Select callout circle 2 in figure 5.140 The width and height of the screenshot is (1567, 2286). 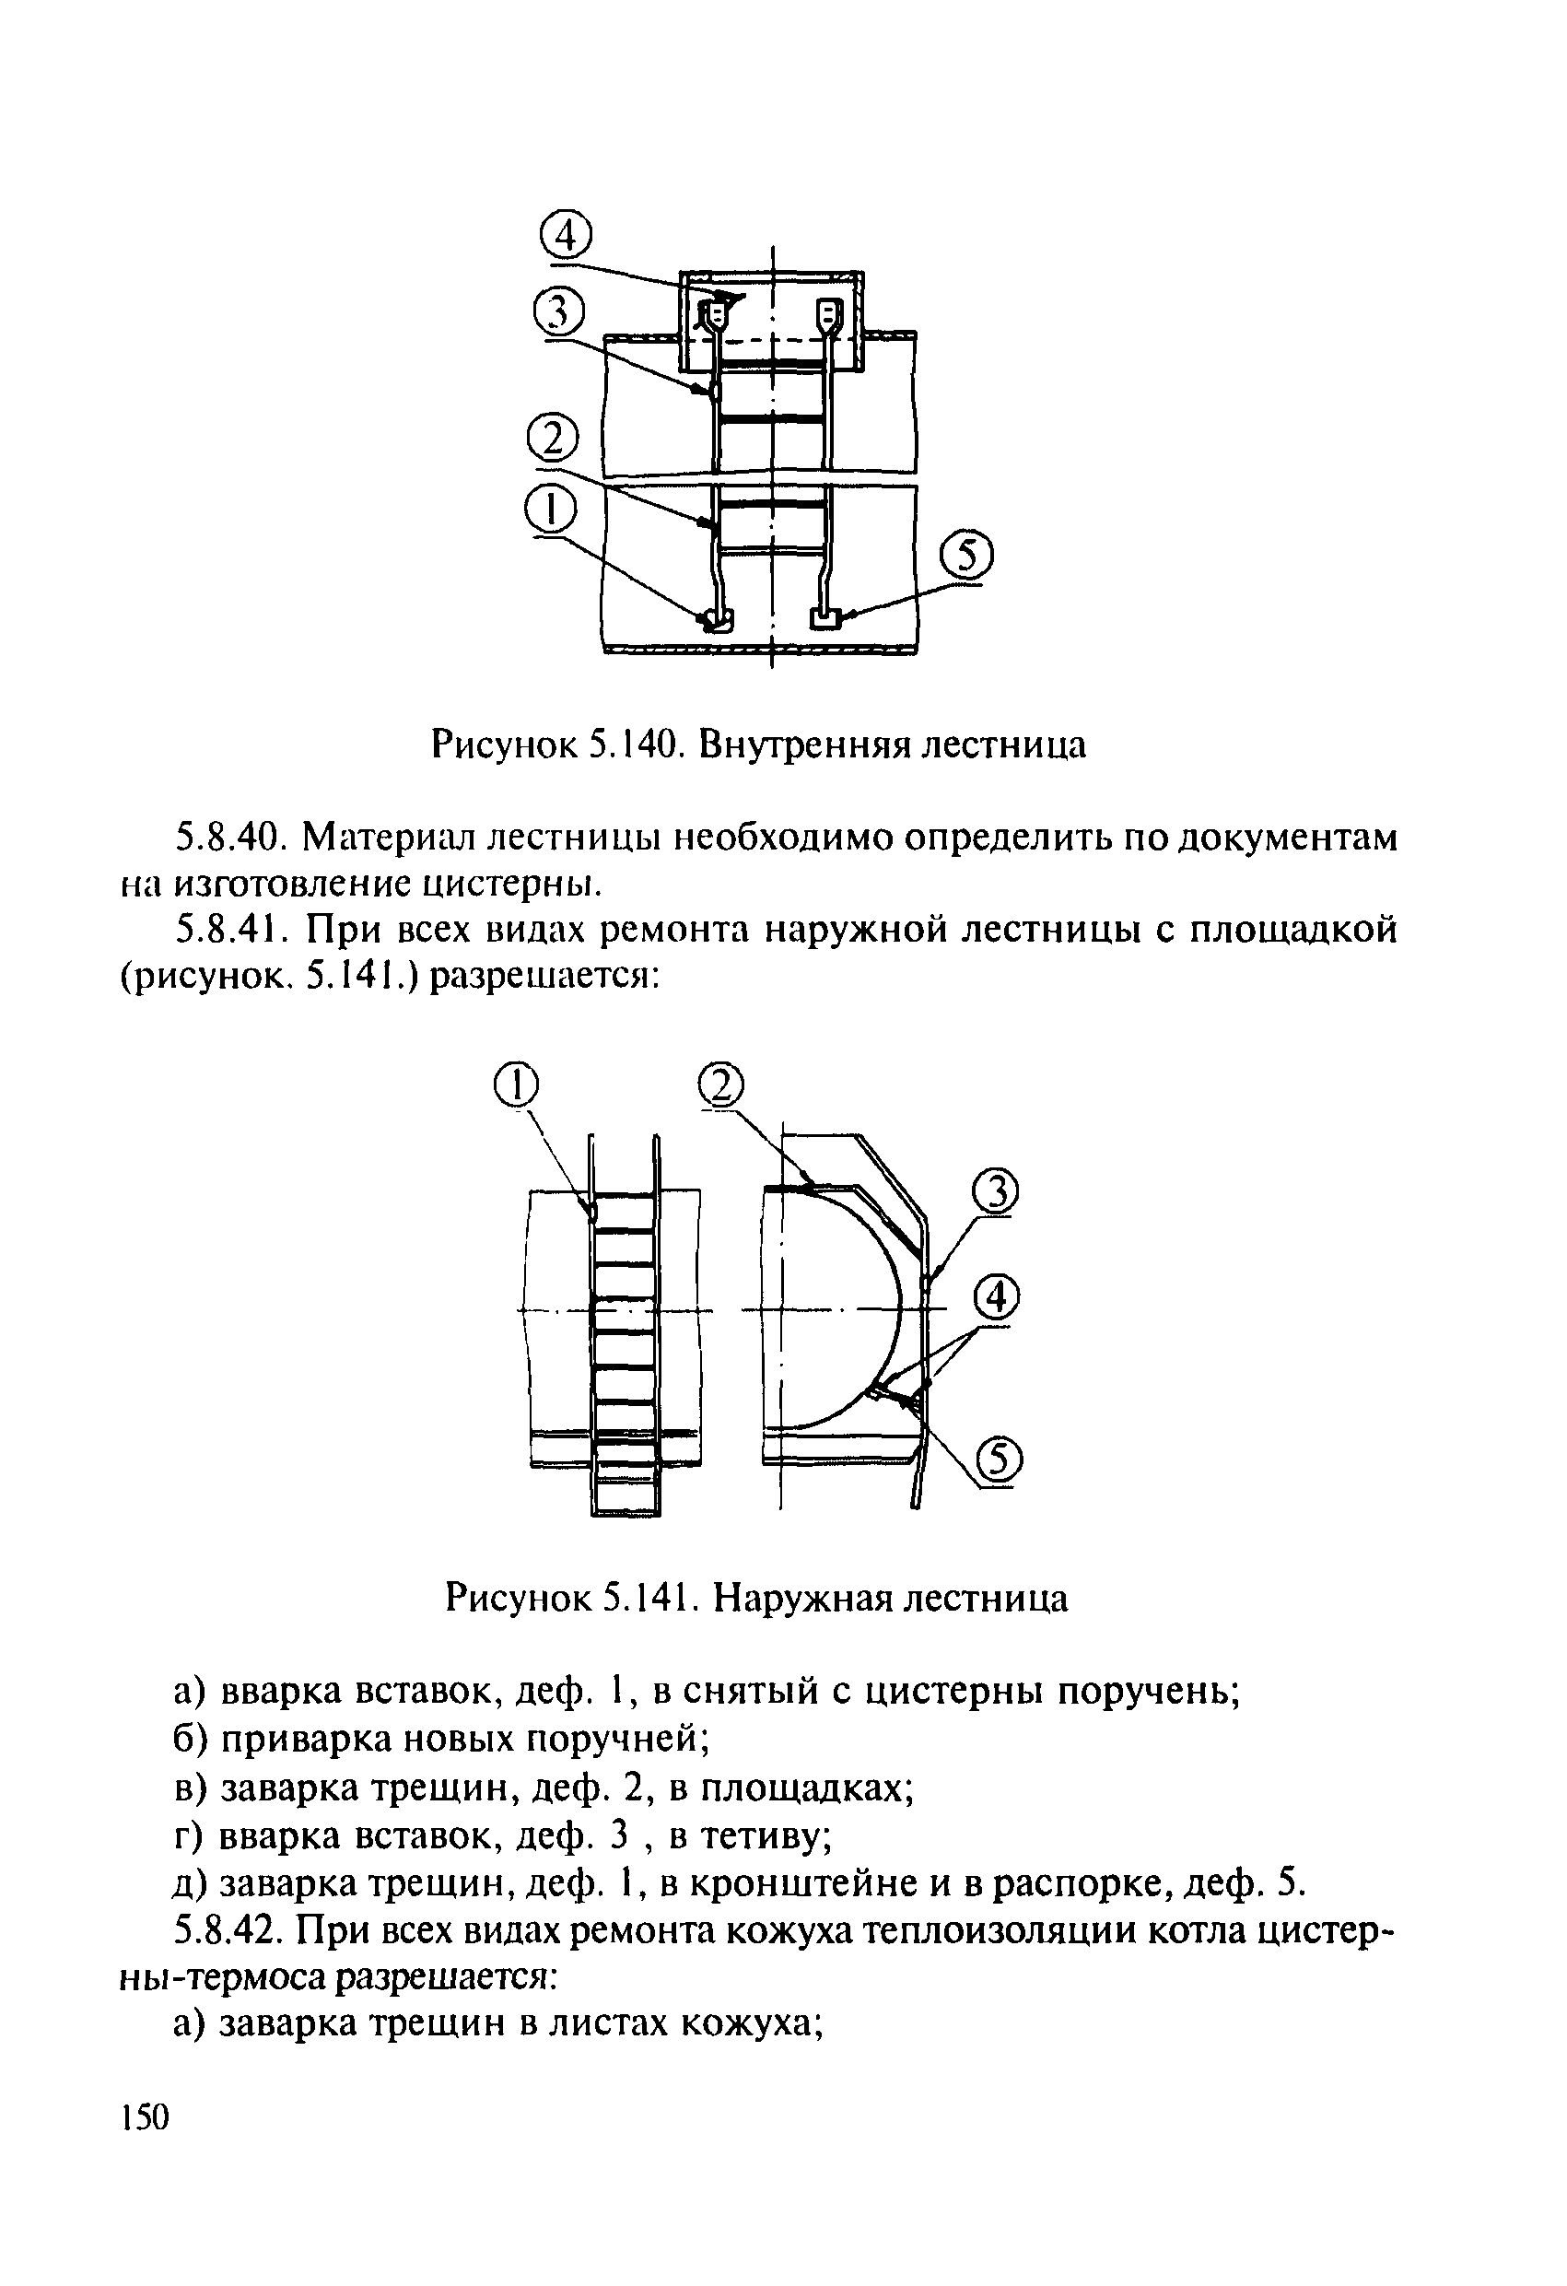point(553,438)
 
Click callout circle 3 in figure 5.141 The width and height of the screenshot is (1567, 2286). point(996,1193)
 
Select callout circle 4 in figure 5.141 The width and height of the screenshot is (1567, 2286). point(996,1300)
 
